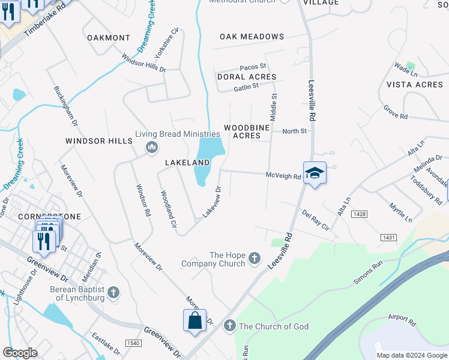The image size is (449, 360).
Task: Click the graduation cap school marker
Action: (x=315, y=173)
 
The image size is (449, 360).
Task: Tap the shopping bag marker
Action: (x=195, y=321)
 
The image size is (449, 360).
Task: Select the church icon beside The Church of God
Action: (x=229, y=326)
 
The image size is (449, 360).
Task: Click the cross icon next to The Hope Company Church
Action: (x=255, y=259)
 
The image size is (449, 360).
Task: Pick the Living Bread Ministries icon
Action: (x=151, y=147)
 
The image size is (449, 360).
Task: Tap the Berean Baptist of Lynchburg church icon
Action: (x=113, y=293)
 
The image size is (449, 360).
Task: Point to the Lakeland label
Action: (x=187, y=163)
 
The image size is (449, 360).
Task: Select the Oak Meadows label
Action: (x=252, y=37)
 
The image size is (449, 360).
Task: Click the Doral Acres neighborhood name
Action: (x=247, y=77)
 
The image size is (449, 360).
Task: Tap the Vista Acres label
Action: (x=415, y=85)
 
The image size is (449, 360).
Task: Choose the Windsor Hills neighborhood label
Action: (x=98, y=141)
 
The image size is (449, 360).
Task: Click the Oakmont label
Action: (x=109, y=38)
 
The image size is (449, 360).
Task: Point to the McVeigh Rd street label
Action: (x=283, y=175)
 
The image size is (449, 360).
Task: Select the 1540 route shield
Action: (x=133, y=343)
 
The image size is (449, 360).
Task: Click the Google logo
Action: (x=20, y=353)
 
